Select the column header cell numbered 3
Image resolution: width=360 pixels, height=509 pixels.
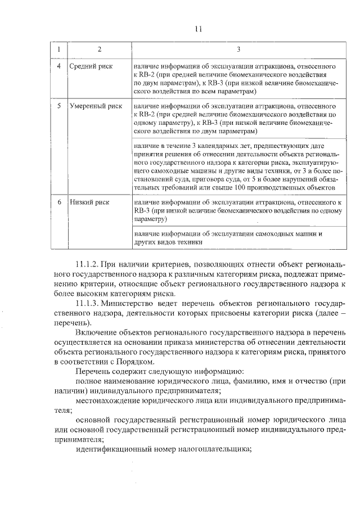click(x=238, y=50)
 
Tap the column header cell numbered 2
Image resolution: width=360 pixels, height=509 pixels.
click(x=99, y=50)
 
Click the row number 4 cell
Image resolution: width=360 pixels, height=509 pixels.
click(x=59, y=66)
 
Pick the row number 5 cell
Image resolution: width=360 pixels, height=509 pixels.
click(x=59, y=105)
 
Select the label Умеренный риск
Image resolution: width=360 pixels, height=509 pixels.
click(x=96, y=105)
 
